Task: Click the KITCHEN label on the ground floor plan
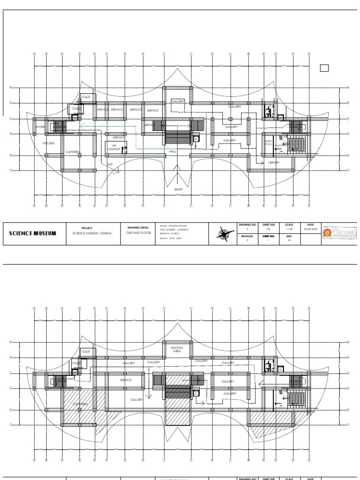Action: pyautogui.click(x=49, y=143)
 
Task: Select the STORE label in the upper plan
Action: pyautogui.click(x=40, y=127)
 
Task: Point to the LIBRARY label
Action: pyautogui.click(x=274, y=163)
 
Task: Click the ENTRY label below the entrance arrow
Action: pyautogui.click(x=179, y=189)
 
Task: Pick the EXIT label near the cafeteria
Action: pyautogui.click(x=110, y=165)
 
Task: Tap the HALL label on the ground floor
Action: pyautogui.click(x=172, y=152)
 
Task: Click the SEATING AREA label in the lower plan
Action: pyautogui.click(x=177, y=349)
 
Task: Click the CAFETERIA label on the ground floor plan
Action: pyautogui.click(x=73, y=152)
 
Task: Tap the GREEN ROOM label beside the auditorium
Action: pyautogui.click(x=268, y=143)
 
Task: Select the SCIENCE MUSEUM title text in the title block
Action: pyautogui.click(x=33, y=233)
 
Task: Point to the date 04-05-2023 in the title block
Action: pyautogui.click(x=310, y=230)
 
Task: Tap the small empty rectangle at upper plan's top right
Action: pyautogui.click(x=324, y=68)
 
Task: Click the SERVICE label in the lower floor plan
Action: pyautogui.click(x=126, y=380)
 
